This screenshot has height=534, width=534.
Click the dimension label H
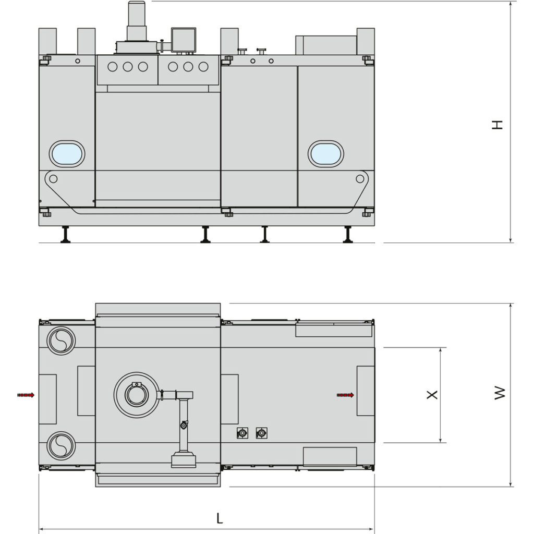click(498, 125)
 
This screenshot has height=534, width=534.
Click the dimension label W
click(500, 393)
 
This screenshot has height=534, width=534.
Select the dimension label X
click(432, 395)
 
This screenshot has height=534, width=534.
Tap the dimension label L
click(220, 518)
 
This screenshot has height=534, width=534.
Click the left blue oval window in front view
click(67, 154)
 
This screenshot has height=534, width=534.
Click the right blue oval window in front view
click(325, 154)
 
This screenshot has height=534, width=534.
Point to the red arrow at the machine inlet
click(26, 395)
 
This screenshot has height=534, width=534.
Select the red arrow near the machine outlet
click(346, 395)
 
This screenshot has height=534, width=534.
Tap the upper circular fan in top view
click(61, 341)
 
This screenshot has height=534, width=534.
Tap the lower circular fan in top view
click(61, 446)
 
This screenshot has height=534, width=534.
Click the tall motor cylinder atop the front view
click(136, 21)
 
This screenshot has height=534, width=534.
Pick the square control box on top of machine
click(184, 40)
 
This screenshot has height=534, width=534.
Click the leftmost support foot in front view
click(66, 235)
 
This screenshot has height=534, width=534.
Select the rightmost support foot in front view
click(348, 235)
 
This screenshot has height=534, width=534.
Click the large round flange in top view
click(137, 395)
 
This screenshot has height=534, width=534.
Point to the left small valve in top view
click(242, 433)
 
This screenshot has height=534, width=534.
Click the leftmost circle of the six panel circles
click(113, 67)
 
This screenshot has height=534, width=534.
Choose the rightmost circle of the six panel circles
click(203, 67)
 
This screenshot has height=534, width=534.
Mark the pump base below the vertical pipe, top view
click(184, 460)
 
